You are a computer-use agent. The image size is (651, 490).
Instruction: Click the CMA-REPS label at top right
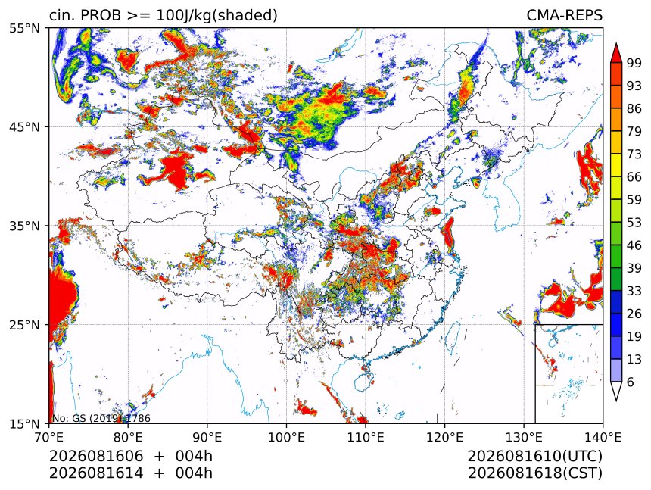[564, 15]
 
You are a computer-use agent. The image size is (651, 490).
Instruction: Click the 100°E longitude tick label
[286, 437]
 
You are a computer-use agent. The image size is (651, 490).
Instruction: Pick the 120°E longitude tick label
[444, 437]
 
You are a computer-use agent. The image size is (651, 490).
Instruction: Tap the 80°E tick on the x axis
[128, 437]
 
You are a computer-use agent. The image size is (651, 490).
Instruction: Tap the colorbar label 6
[631, 382]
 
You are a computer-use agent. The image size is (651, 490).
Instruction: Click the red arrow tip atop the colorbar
[615, 43]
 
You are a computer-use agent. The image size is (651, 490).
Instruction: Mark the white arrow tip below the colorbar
[615, 401]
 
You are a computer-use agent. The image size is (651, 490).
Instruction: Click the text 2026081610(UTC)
[534, 456]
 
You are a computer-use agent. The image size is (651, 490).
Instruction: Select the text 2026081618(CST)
[534, 473]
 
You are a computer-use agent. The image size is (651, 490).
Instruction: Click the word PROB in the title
[101, 15]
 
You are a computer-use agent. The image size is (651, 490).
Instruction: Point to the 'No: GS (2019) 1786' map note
[101, 418]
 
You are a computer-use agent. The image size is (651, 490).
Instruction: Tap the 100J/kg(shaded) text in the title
[216, 15]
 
